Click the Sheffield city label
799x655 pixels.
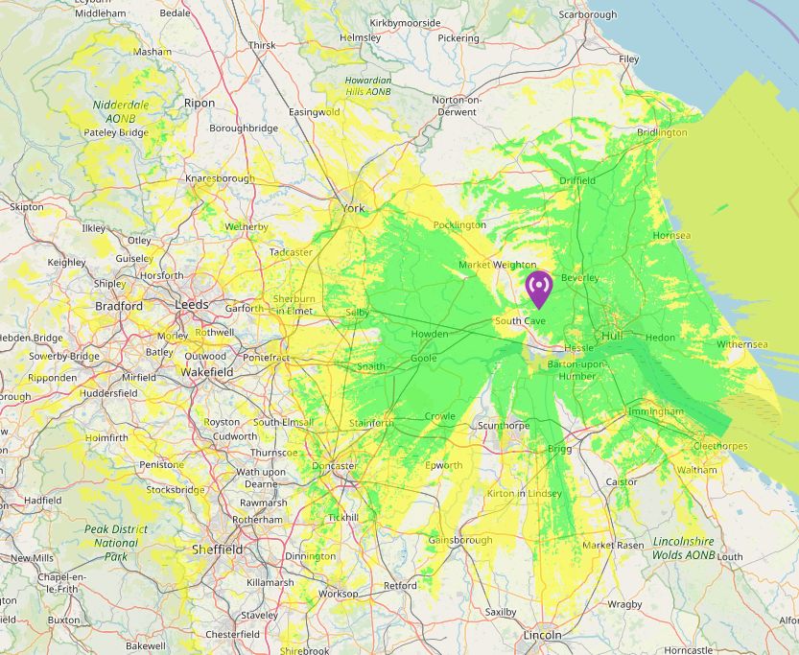point(217,550)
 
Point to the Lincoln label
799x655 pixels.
point(542,636)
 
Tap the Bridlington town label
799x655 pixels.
point(660,132)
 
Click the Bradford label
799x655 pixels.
point(119,306)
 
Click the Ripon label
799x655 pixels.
point(200,103)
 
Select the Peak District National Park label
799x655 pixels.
point(116,542)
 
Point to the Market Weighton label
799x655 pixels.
point(498,265)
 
